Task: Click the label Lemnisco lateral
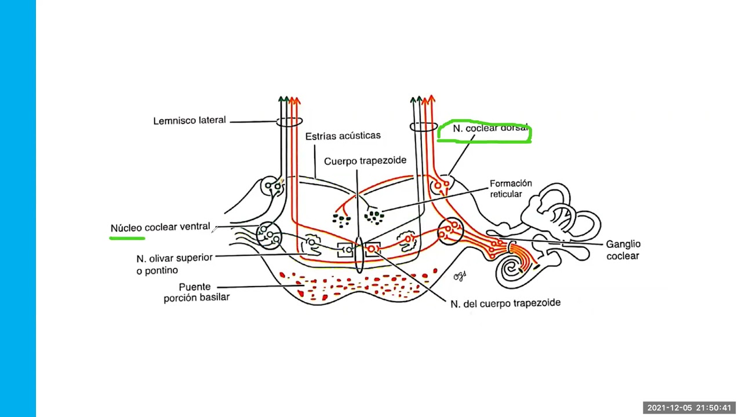pos(189,121)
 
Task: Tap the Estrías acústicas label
pos(343,136)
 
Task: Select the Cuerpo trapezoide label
pos(365,161)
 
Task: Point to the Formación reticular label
pos(510,189)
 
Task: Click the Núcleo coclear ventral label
pos(160,227)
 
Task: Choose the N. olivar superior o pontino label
pos(174,264)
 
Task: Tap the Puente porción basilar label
pos(196,292)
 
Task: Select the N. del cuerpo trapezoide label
pos(505,303)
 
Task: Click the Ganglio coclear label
pos(623,250)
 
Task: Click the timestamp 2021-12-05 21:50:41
pos(689,408)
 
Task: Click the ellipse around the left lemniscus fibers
pos(289,122)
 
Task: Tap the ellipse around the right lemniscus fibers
pos(423,126)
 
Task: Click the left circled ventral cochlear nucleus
pos(268,235)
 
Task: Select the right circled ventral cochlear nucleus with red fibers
pos(450,231)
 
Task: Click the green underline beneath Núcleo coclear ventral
pos(128,237)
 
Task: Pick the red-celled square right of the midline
pos(372,249)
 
